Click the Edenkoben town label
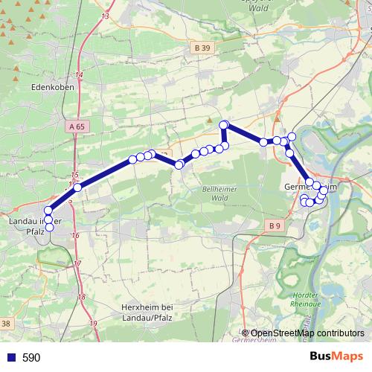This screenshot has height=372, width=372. (51, 86)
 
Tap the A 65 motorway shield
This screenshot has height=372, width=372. (76, 127)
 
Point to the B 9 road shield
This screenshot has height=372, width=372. (275, 225)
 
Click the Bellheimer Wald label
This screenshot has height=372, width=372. (215, 194)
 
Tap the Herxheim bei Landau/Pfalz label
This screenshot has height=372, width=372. (146, 312)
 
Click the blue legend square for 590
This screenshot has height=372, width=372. (10, 357)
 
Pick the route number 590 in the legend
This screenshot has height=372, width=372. (32, 357)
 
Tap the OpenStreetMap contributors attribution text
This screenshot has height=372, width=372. (307, 333)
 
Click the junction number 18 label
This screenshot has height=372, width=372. (82, 297)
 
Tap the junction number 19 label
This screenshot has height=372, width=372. (93, 323)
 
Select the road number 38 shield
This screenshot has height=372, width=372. (6, 323)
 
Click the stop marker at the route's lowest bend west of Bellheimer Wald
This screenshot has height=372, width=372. (179, 164)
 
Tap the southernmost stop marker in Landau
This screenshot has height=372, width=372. (49, 229)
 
